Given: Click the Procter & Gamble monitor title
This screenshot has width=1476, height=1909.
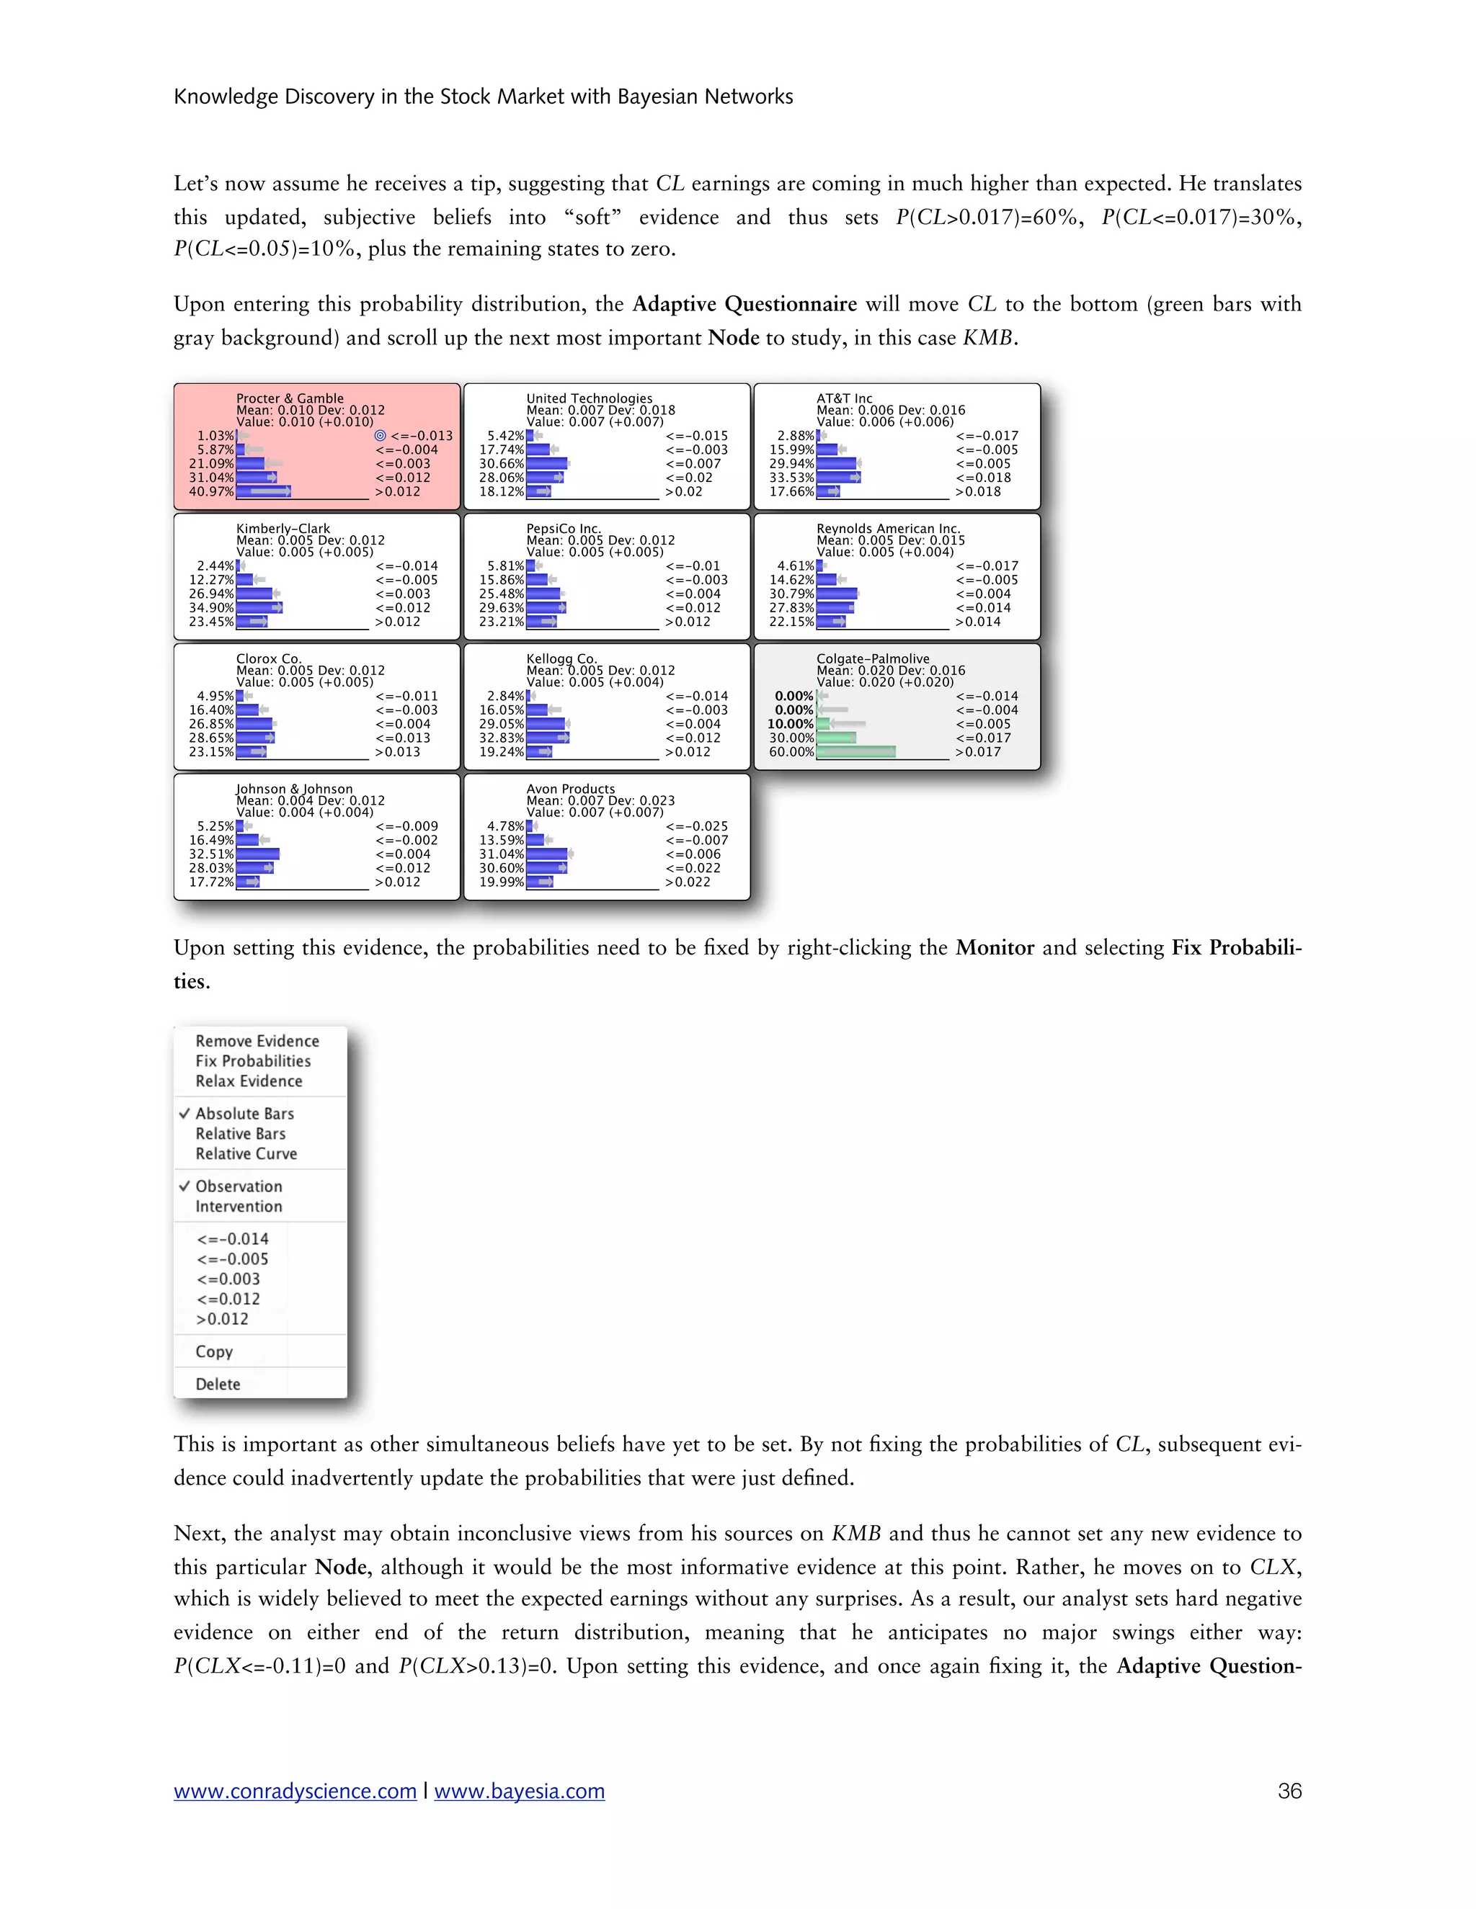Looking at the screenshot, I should click(x=290, y=398).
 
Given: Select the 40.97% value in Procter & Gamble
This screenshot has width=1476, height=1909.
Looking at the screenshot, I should click(x=212, y=491).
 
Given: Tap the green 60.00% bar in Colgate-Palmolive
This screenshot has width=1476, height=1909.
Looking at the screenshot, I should click(x=855, y=751).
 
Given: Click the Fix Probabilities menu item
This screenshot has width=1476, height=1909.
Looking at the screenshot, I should click(x=253, y=1060).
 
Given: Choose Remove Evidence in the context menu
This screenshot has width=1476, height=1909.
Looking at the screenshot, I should click(x=257, y=1040).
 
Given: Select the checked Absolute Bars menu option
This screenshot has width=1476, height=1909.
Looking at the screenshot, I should click(x=244, y=1113).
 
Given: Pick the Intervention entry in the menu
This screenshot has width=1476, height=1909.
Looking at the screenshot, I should click(x=239, y=1205).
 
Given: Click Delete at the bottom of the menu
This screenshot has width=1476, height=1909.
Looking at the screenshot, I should click(x=218, y=1383).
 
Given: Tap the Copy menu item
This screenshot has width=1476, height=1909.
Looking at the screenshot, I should click(x=214, y=1351).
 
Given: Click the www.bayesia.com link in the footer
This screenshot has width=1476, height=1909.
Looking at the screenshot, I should click(x=520, y=1791).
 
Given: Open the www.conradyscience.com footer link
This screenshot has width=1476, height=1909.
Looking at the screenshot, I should click(x=295, y=1791).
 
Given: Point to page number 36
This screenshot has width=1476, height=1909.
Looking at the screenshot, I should click(x=1289, y=1791).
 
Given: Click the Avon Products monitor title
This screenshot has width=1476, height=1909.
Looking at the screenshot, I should click(x=570, y=788).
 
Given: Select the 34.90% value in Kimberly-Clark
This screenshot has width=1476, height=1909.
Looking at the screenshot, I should click(x=212, y=607).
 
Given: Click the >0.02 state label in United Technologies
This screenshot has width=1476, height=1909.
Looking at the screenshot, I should click(x=683, y=491).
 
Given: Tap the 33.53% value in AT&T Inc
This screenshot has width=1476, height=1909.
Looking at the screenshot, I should click(x=791, y=477).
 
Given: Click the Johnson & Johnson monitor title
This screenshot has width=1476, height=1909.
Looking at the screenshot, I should click(x=294, y=788).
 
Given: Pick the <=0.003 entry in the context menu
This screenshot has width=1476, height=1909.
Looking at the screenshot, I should click(x=228, y=1278).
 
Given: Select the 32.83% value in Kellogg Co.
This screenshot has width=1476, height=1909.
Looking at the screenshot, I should click(x=501, y=738).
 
